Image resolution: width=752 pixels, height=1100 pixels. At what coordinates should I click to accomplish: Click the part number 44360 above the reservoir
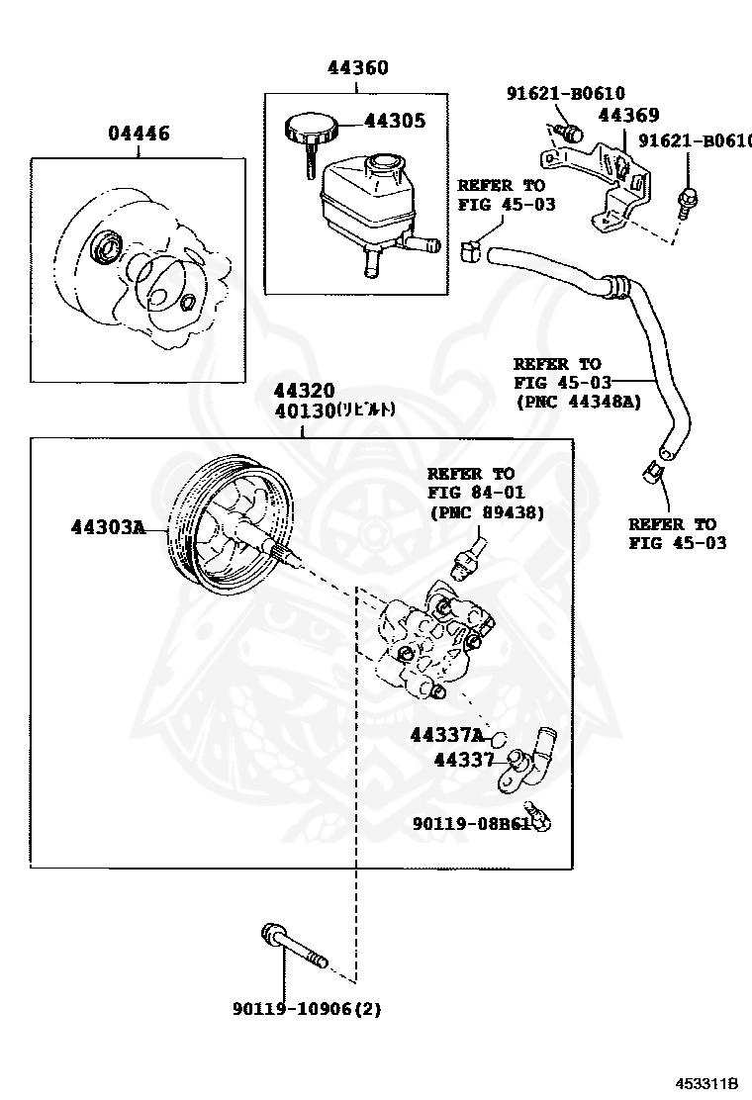pyautogui.click(x=358, y=68)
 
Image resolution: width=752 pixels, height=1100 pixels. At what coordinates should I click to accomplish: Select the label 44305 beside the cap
pyautogui.click(x=395, y=121)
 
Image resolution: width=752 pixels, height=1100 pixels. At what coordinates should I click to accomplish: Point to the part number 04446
pyautogui.click(x=139, y=134)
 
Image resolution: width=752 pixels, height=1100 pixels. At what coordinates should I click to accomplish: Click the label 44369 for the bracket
pyautogui.click(x=628, y=116)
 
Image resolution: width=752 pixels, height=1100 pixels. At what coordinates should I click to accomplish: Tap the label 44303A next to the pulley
pyautogui.click(x=108, y=527)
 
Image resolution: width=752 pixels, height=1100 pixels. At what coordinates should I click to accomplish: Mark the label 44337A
pyautogui.click(x=446, y=735)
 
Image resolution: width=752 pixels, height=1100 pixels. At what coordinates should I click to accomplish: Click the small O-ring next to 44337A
pyautogui.click(x=500, y=737)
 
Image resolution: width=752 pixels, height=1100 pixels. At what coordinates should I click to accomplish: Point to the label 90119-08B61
pyautogui.click(x=472, y=822)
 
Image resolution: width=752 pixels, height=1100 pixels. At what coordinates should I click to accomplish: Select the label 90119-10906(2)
pyautogui.click(x=307, y=1009)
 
